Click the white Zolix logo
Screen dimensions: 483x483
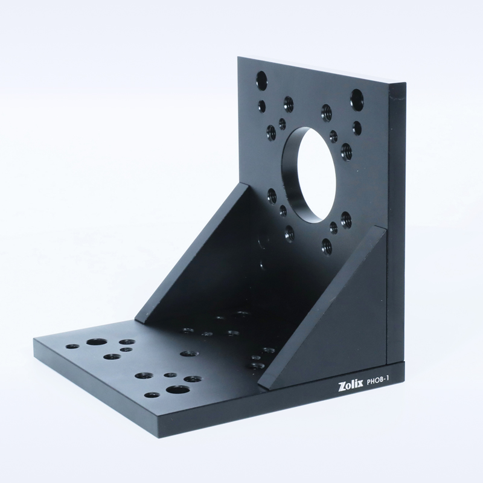pyautogui.click(x=351, y=386)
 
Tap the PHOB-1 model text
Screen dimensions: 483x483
pyautogui.click(x=379, y=382)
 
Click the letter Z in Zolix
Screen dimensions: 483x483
pyautogui.click(x=342, y=387)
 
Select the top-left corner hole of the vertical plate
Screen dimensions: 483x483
pyautogui.click(x=261, y=80)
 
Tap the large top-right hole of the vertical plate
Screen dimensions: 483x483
pyautogui.click(x=357, y=98)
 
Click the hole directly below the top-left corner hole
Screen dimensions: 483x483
pyautogui.click(x=262, y=107)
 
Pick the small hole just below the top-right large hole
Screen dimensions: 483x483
pyautogui.click(x=357, y=128)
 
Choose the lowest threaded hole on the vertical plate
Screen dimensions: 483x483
pyautogui.click(x=327, y=246)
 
